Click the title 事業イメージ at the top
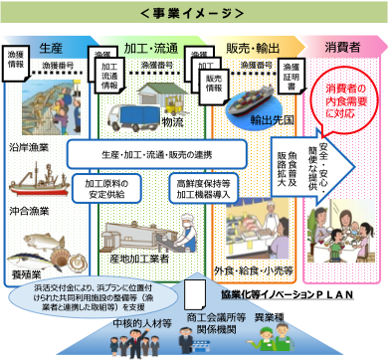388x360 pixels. [195, 13]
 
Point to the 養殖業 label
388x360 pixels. [30, 270]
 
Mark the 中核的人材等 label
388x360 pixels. [130, 325]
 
